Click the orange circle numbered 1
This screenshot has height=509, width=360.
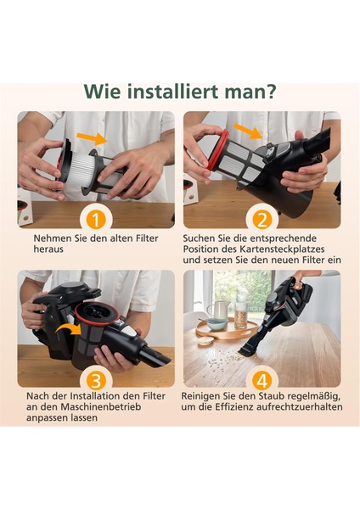[x=96, y=220]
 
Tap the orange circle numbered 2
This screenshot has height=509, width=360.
[x=262, y=220]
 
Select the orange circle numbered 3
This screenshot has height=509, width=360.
[x=96, y=379]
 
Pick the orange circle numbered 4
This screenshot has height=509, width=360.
[x=262, y=379]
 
